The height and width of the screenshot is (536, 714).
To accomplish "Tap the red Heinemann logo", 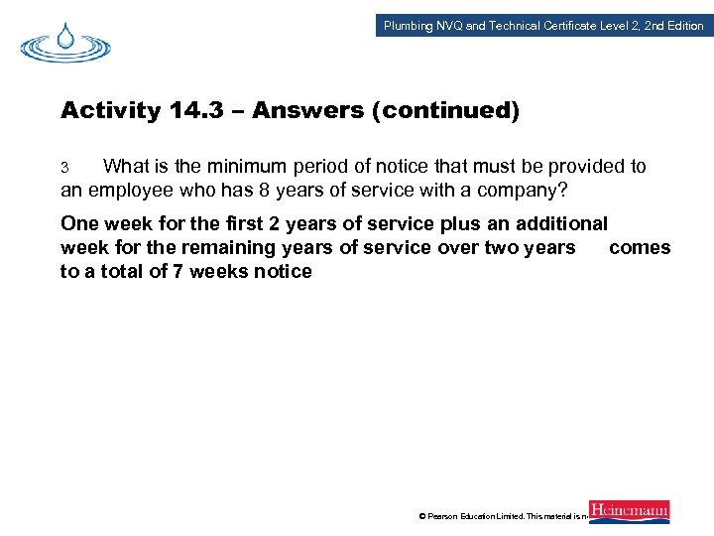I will point(629,511).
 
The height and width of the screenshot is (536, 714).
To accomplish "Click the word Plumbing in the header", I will point(408,26).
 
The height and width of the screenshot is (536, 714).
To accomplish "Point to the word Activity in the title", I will point(109,110).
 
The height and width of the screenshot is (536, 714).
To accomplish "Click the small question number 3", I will point(64,167).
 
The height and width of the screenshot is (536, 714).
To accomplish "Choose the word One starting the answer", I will point(80,224).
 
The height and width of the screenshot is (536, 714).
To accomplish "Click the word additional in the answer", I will point(561,224).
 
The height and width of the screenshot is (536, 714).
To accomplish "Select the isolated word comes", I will point(640,247).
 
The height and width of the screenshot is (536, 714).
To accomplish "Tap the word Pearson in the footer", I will point(447,516).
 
